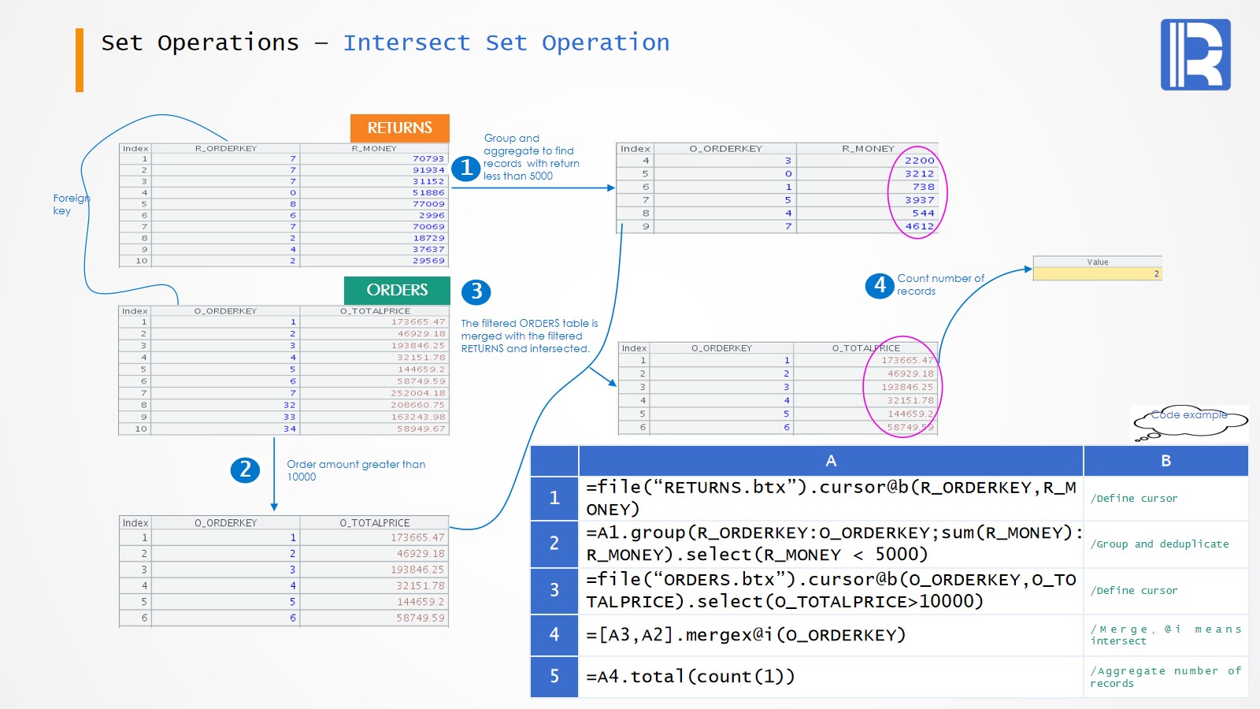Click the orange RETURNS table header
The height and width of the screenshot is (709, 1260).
coord(399,128)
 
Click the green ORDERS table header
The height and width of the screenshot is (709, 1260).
coord(397,290)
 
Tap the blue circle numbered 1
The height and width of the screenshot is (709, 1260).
coord(466,168)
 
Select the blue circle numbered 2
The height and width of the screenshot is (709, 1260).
coord(245,470)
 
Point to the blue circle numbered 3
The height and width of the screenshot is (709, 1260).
coord(476,291)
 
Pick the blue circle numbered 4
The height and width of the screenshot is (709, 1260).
coord(880,285)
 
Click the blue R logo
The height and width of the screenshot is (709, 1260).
coord(1195,54)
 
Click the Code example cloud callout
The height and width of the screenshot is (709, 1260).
coord(1190,421)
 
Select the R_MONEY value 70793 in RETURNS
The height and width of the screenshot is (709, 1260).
coord(428,158)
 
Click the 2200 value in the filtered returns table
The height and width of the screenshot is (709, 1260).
coord(919,160)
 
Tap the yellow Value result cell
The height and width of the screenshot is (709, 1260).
coord(1097,273)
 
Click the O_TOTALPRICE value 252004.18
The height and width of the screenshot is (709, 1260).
coord(417,393)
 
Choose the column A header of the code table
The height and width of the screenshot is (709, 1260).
coord(831,461)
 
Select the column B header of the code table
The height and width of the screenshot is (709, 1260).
coord(1165,461)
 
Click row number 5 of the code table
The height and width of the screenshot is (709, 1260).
coord(554,676)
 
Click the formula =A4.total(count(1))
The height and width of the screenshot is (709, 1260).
coord(691,676)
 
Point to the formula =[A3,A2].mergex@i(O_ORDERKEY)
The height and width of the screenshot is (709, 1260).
coord(746,635)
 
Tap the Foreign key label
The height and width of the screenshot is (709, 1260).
coord(70,204)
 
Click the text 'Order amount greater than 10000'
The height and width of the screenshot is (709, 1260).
coord(355,470)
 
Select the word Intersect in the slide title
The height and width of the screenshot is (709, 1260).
coord(406,43)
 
